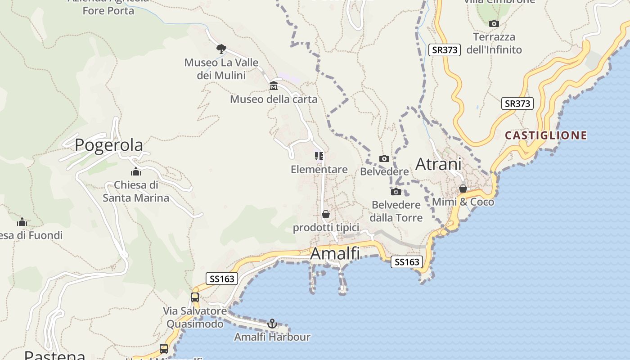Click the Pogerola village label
109,145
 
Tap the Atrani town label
438,164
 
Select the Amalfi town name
335,254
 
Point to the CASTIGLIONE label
546,135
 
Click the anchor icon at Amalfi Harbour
272,324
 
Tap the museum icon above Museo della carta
274,86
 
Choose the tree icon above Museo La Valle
221,49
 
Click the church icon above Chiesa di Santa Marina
136,171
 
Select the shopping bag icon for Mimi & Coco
463,189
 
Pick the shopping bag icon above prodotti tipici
326,214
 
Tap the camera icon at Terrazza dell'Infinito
494,23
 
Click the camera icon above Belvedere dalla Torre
396,192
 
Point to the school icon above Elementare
319,156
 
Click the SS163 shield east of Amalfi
407,262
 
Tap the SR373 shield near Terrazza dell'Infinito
445,50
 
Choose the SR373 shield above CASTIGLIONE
517,104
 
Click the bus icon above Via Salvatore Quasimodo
195,297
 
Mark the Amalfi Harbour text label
272,337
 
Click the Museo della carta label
274,99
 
